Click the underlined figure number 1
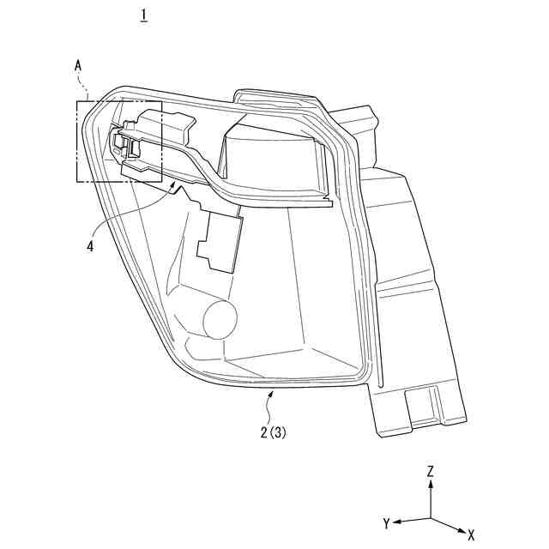143,15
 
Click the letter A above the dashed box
79,64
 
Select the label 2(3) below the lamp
274,433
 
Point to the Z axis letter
431,472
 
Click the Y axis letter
387,522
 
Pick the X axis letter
471,533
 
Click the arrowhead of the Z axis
431,484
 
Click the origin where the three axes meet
431,518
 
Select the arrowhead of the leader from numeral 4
178,183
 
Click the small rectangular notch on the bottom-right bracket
421,403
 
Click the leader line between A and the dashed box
84,86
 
